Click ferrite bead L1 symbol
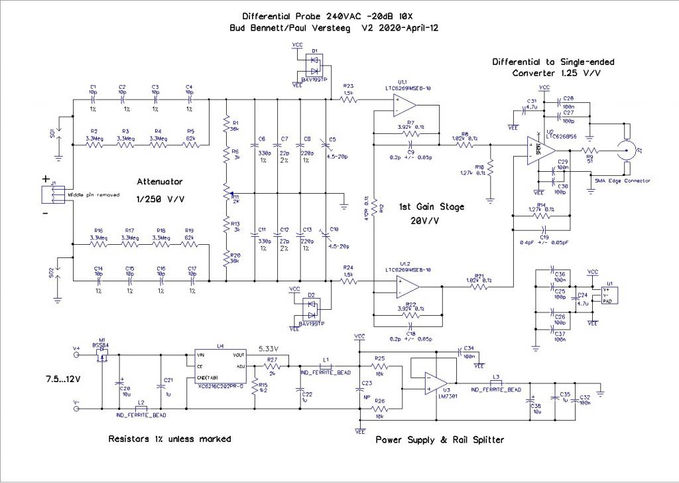pos(326,366)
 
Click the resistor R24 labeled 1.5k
pos(349,281)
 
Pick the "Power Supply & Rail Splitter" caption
pos(440,440)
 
